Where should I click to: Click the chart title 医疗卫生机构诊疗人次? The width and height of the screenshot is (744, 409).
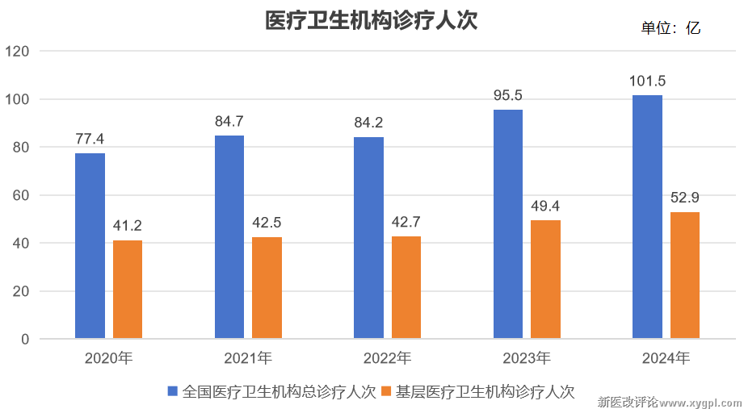[x=372, y=20]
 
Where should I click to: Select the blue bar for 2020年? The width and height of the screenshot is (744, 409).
[x=90, y=245]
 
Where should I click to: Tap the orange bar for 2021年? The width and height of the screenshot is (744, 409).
[x=267, y=287]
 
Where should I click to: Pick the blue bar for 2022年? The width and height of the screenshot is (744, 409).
[x=368, y=237]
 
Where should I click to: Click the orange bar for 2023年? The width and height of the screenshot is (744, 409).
[x=545, y=279]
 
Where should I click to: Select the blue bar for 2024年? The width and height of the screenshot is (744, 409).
[x=647, y=217]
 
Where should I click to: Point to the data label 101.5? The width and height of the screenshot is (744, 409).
[x=647, y=81]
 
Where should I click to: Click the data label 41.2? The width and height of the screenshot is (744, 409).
[x=128, y=226]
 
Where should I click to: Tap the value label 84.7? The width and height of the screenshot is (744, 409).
[x=229, y=122]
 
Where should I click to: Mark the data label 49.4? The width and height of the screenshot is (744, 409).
[x=545, y=206]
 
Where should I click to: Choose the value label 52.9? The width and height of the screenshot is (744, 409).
[x=684, y=198]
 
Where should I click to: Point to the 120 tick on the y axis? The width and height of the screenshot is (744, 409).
[x=17, y=52]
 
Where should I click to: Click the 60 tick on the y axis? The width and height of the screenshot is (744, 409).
[x=21, y=195]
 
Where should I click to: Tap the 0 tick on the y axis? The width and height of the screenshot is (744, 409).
[x=25, y=340]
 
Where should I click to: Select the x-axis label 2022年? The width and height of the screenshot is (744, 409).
[x=387, y=358]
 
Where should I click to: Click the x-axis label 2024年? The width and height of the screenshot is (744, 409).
[x=666, y=358]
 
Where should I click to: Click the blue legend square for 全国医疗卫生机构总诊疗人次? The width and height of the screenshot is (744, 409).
[x=172, y=392]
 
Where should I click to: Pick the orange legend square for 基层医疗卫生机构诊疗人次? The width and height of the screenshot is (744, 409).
[x=386, y=392]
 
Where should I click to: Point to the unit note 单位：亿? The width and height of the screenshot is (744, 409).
[x=670, y=28]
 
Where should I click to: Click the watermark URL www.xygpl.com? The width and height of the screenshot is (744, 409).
[x=701, y=401]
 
